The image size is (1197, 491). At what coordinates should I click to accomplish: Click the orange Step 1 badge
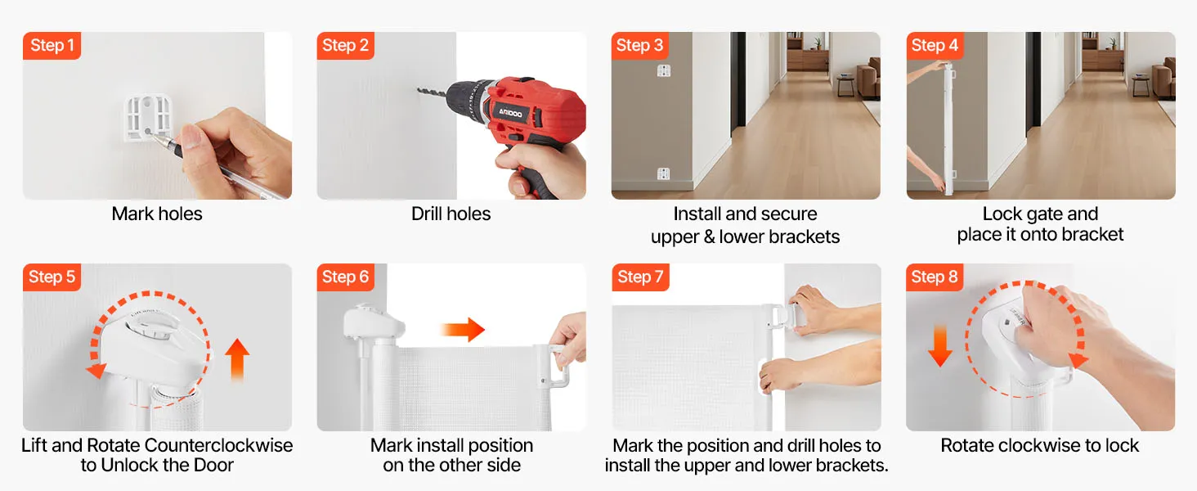[x=52, y=46]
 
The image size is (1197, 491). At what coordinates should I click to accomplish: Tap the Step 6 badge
[x=345, y=277]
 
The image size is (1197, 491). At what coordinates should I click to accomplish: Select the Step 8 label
[x=934, y=277]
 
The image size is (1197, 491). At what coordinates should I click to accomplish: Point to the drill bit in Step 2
[x=432, y=93]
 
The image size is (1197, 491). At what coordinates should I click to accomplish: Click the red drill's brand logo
[x=511, y=113]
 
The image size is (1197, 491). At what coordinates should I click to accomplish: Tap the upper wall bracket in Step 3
[x=664, y=70]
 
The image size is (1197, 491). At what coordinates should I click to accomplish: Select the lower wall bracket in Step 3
[x=663, y=173]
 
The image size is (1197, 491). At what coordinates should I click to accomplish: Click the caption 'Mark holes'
[x=157, y=214]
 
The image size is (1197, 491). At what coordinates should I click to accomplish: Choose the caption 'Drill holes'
[x=451, y=214]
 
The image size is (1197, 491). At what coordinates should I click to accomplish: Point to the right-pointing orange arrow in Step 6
[x=463, y=329]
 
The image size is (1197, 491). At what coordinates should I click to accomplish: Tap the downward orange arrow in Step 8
[x=940, y=346]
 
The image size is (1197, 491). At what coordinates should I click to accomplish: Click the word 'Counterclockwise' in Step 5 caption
[x=218, y=445]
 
